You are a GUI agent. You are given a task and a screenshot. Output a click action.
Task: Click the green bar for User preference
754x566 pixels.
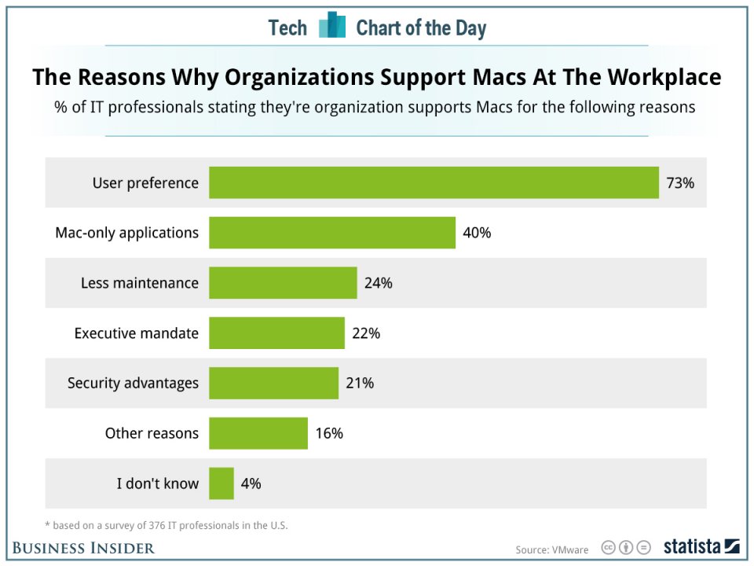pos(434,182)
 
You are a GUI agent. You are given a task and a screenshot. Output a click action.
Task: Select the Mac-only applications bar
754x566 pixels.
pos(332,233)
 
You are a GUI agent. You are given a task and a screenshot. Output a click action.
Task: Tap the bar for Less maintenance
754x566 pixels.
pos(283,283)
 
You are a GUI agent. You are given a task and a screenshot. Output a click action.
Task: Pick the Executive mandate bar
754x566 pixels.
pos(276,333)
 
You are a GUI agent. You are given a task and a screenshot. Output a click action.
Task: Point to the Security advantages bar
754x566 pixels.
pos(273,383)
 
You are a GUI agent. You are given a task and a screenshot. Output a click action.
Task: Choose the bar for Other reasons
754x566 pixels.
pos(258,433)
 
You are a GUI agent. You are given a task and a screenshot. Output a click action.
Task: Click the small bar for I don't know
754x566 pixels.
pos(221,483)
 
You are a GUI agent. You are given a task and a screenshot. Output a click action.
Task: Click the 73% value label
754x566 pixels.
pos(680,183)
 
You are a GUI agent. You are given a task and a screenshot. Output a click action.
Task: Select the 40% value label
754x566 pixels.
pos(477,233)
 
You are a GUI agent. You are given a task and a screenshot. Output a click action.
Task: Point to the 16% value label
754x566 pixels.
pos(329,434)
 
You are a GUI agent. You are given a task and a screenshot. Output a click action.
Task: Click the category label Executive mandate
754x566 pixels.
pos(137,333)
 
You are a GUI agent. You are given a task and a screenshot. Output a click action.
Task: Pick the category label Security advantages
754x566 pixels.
pos(133,384)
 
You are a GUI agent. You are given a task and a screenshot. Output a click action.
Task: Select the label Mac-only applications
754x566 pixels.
pos(126,233)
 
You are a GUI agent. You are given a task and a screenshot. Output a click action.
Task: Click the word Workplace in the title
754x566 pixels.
pos(667,77)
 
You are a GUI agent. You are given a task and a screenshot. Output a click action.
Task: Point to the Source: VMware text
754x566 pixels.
pos(551,549)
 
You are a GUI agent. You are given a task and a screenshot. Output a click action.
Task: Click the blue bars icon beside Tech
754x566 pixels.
pos(331,26)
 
